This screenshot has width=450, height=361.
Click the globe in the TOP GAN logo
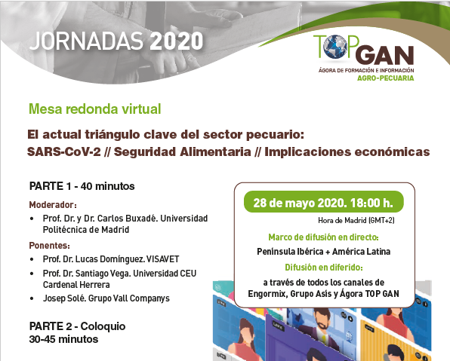click(x=335, y=47)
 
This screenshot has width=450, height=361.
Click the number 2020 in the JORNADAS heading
click(x=177, y=41)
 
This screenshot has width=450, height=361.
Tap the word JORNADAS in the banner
click(x=86, y=41)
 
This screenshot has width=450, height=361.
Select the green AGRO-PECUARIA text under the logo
click(x=385, y=78)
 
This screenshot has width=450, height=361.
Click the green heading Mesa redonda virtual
click(x=95, y=109)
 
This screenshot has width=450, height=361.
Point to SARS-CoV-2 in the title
click(x=64, y=151)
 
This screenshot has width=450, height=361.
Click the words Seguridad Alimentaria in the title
click(x=183, y=151)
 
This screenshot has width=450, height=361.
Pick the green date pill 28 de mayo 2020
click(x=323, y=202)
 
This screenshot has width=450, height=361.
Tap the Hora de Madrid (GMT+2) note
click(x=356, y=220)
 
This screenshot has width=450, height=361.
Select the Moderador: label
click(x=53, y=205)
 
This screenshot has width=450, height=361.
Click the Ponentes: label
click(x=49, y=246)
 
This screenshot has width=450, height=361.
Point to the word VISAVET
click(x=163, y=259)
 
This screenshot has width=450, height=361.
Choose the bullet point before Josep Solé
click(x=32, y=298)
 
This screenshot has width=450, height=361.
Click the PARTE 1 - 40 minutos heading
click(x=82, y=186)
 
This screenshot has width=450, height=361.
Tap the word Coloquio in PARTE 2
click(x=103, y=326)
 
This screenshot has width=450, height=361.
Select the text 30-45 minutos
click(x=63, y=339)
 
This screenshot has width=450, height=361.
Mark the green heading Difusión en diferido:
click(x=324, y=268)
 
